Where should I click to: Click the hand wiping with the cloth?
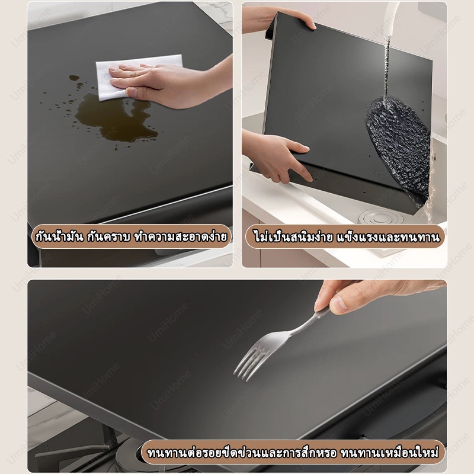169,83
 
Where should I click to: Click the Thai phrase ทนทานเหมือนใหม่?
389,453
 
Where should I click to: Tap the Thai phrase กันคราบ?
108,236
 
